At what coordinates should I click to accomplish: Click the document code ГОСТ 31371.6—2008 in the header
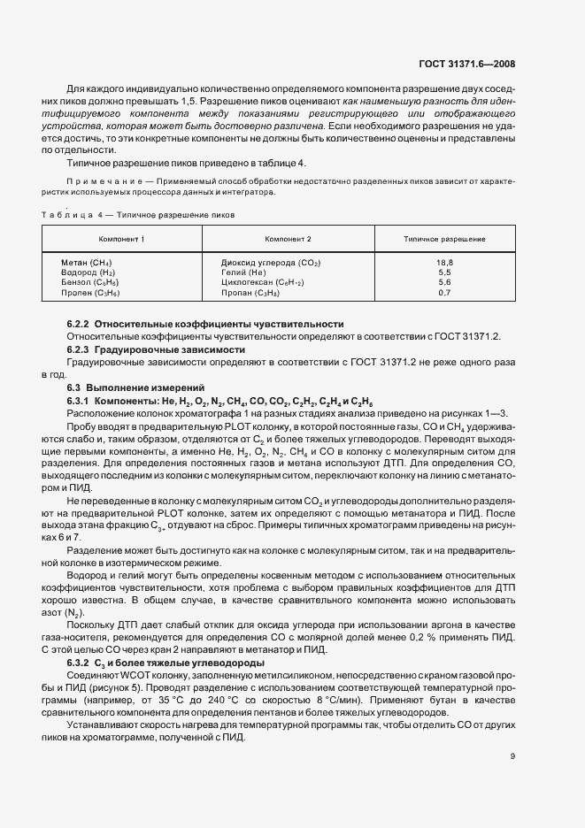coord(479,64)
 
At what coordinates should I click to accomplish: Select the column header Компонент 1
coord(121,240)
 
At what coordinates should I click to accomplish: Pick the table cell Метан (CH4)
coord(87,263)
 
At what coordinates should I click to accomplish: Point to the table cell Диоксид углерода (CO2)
coord(271,263)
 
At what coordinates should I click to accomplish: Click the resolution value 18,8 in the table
coord(444,263)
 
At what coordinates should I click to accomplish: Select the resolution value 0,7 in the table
coord(444,292)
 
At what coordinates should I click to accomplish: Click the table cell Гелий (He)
coord(243,272)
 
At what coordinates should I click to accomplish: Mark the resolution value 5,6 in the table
coord(444,282)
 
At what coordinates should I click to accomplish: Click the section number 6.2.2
coord(79,325)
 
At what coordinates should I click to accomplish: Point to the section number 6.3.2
coord(79,663)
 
